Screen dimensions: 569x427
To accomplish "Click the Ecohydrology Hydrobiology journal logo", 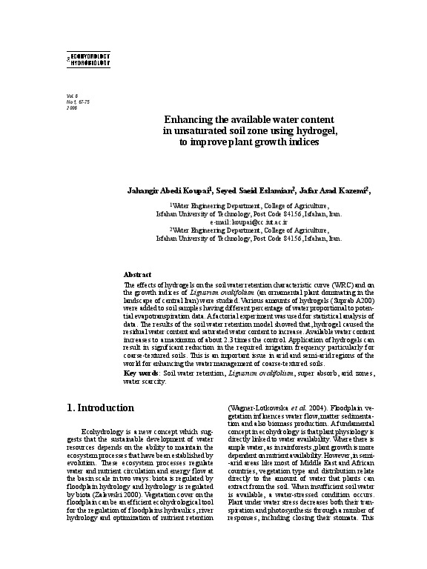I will click(x=88, y=60).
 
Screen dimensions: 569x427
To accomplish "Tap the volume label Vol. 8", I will click(x=72, y=96).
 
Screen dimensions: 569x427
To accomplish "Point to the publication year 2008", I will click(x=72, y=108).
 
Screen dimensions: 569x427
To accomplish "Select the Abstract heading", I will click(x=137, y=274).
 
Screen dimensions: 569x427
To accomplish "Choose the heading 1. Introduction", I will click(x=100, y=408).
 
